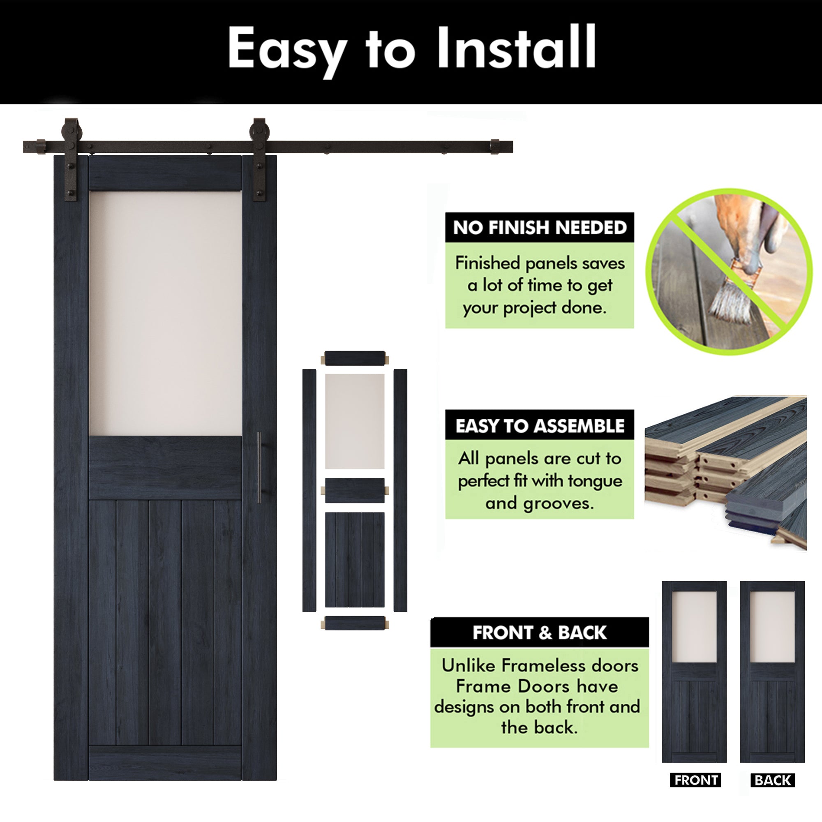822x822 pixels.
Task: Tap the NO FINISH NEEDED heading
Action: click(540, 228)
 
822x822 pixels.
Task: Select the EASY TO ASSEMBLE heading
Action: click(540, 425)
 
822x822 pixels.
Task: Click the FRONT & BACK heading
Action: click(540, 633)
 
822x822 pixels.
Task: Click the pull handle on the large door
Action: click(259, 467)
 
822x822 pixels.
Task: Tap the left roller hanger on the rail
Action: click(70, 159)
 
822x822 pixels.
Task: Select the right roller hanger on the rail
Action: click(259, 159)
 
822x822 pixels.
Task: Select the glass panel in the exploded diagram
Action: click(354, 421)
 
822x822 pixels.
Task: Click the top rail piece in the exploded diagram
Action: click(354, 358)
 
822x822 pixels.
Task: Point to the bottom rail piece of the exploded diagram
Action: click(354, 623)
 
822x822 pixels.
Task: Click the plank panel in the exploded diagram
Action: click(354, 559)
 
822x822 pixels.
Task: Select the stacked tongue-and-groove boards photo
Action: click(725, 472)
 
